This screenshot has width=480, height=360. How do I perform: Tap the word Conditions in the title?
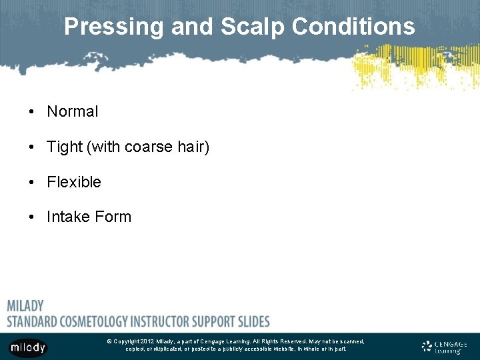pos(353,27)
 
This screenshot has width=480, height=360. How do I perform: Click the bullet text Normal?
pos(72,112)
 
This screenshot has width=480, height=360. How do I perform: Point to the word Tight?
pos(65,147)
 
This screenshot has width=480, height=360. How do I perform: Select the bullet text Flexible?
pos(74,182)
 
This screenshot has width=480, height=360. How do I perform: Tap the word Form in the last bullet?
pos(115,217)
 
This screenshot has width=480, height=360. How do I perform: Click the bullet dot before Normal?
pos(31,112)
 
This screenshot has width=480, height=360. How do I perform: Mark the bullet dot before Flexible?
pos(31,182)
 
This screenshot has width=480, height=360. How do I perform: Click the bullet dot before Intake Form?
pos(31,217)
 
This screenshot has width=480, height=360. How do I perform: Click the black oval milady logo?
pos(28,347)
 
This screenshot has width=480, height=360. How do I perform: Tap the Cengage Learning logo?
pos(445,347)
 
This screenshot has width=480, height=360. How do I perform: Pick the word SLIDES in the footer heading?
pos(253,321)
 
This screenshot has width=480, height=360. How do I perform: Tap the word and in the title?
pos(191,27)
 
